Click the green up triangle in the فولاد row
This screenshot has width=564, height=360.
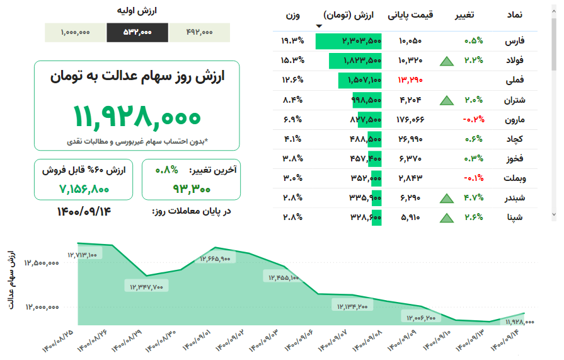point(447,61)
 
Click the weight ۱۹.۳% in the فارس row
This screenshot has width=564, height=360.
point(292,41)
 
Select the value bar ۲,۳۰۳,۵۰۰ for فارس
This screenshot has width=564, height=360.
point(349,41)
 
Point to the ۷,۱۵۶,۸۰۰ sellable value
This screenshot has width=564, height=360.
point(84,188)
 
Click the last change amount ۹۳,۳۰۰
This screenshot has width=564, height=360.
point(191,188)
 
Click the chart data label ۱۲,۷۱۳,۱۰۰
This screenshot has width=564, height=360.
point(82,255)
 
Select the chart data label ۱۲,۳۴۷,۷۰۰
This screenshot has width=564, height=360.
point(147,287)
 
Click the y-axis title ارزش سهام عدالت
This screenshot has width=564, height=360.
point(12,281)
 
